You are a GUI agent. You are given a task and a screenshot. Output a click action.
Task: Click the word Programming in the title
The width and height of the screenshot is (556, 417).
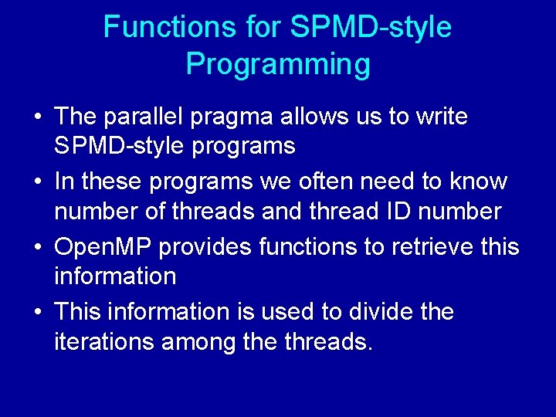coord(278,65)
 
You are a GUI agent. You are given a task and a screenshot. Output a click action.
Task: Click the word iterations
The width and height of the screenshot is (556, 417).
coord(104,341)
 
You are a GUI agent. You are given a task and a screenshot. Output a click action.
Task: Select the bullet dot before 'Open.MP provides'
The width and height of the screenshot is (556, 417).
coord(37,248)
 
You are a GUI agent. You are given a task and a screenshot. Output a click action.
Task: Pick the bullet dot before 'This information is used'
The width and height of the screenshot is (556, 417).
coord(37,313)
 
